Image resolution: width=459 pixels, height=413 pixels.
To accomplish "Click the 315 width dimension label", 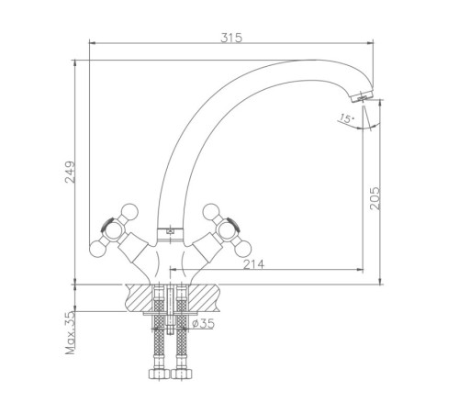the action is pyautogui.click(x=231, y=38).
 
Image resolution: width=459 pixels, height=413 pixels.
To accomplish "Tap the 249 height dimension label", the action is pyautogui.click(x=70, y=173).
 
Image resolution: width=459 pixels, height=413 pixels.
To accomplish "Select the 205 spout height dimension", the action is pyautogui.click(x=375, y=198).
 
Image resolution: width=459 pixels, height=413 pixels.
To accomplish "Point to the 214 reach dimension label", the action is pyautogui.click(x=253, y=264).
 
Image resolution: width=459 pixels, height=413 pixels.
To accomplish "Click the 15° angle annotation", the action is pyautogui.click(x=346, y=118).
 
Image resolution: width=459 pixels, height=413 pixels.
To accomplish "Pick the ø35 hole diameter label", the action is pyautogui.click(x=203, y=323).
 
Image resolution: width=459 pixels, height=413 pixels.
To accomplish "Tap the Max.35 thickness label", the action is pyautogui.click(x=70, y=333).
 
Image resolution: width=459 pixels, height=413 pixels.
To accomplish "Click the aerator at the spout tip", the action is pyautogui.click(x=361, y=97).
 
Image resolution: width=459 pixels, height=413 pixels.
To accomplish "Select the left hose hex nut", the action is pyautogui.click(x=159, y=374).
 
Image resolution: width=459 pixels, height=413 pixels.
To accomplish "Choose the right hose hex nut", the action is pyautogui.click(x=182, y=374).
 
